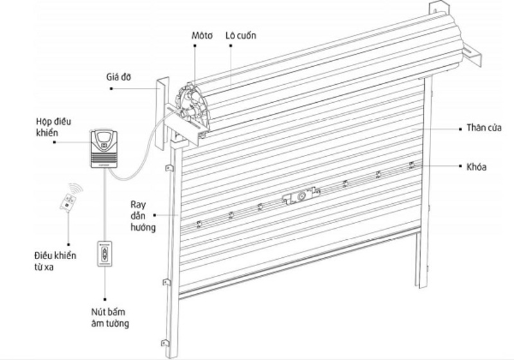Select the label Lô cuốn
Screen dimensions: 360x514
241,36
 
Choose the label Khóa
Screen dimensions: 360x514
475,166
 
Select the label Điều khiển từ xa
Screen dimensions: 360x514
55,260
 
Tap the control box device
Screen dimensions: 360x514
104,148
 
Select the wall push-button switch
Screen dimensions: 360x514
105,255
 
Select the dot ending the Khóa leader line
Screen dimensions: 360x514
411,166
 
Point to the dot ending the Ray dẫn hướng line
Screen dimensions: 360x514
175,213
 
